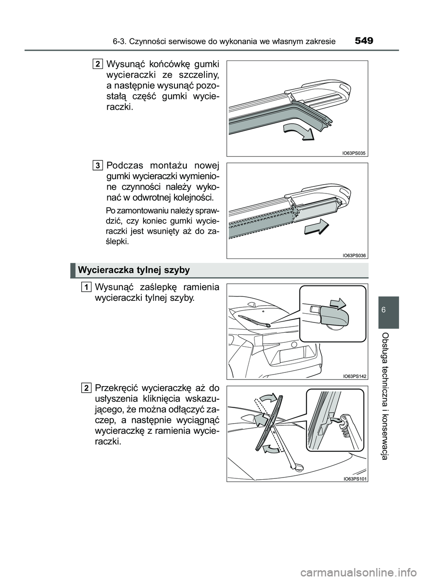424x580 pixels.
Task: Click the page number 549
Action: point(363,41)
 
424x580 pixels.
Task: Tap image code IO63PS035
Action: point(354,153)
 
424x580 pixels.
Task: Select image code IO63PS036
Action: point(354,255)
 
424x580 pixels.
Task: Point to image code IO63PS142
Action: point(354,376)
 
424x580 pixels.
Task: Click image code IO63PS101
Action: point(354,478)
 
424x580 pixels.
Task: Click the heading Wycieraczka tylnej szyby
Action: point(133,270)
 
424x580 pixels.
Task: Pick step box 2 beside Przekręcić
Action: point(86,388)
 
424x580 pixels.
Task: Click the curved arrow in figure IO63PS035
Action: point(298,131)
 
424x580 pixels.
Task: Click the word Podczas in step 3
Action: point(126,166)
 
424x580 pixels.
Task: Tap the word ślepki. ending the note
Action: point(117,242)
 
